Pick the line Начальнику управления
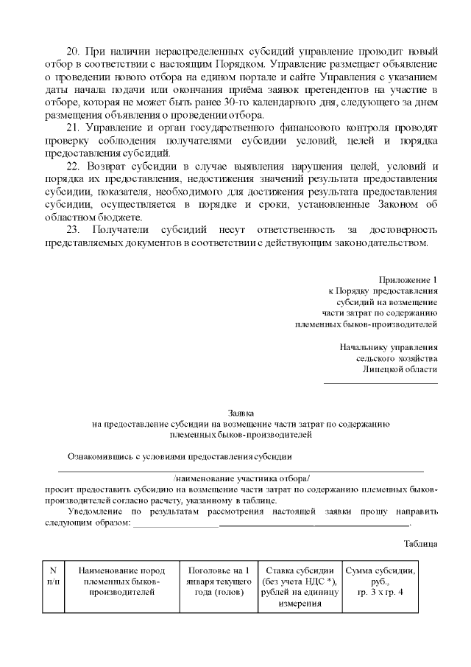pos(389,346)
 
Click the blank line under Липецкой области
pos(380,382)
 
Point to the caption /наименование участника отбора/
pos(241,478)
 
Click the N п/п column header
pos(53,576)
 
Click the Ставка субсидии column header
pos(300,587)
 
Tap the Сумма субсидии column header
pos(380,581)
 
